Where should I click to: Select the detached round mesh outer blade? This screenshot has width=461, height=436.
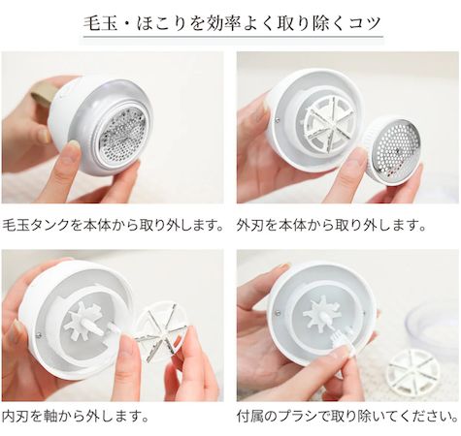point(393,149)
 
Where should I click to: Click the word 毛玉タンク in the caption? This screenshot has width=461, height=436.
point(40,225)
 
